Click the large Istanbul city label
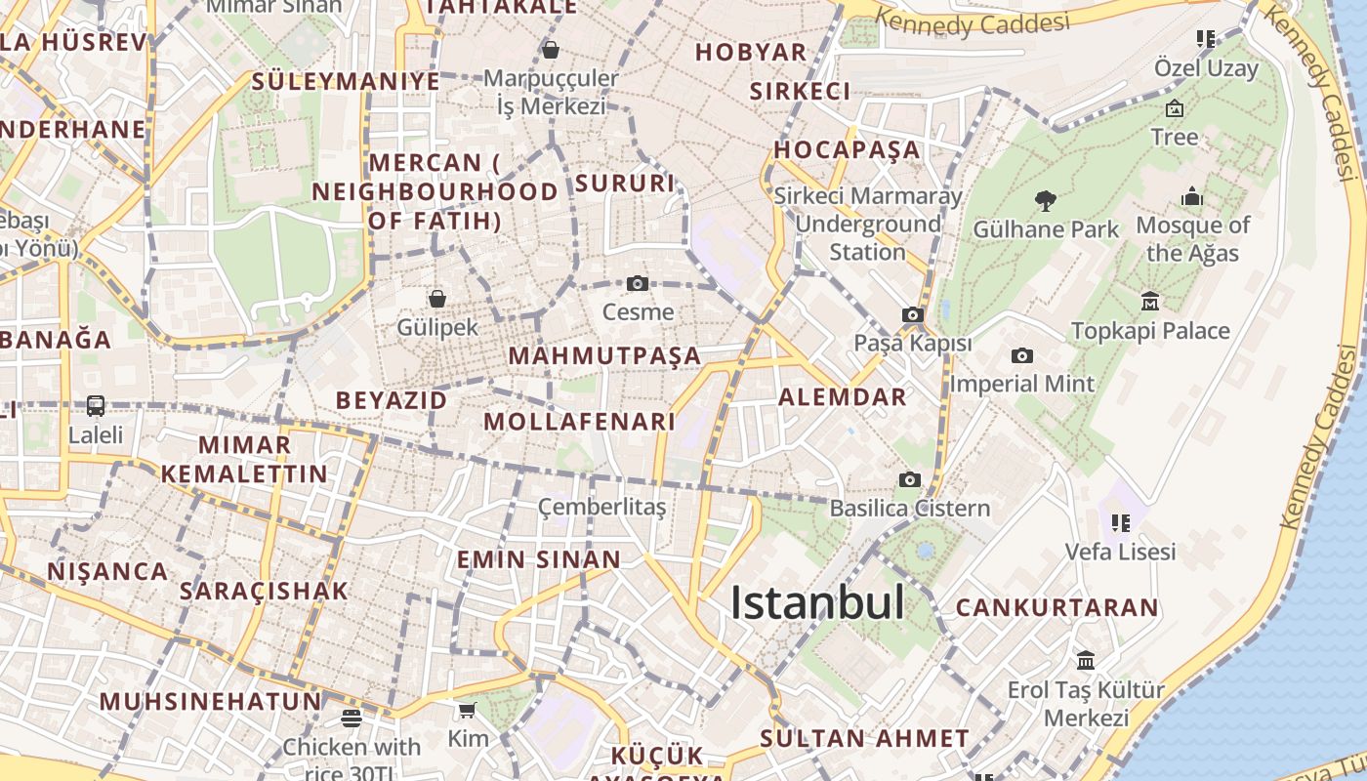click(x=817, y=602)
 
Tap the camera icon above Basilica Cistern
click(x=910, y=479)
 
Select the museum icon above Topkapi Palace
click(x=1150, y=301)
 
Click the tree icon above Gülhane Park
click(x=1046, y=201)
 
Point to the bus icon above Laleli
click(x=96, y=406)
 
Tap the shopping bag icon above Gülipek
click(x=437, y=299)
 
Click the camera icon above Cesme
click(x=638, y=284)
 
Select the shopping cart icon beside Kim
click(x=468, y=711)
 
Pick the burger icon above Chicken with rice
click(x=352, y=719)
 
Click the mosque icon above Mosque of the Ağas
click(x=1192, y=197)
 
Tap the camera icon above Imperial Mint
click(x=1022, y=355)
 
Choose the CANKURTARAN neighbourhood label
click(x=1056, y=607)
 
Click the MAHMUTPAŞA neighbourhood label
click(x=604, y=355)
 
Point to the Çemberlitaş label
click(x=602, y=508)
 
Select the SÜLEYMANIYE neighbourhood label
click(x=346, y=81)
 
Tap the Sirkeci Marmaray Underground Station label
click(x=868, y=224)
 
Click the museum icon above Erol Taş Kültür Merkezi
click(x=1085, y=661)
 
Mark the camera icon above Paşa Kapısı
click(x=913, y=314)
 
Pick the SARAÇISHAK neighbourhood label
click(x=264, y=591)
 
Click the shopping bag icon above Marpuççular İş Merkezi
click(x=551, y=50)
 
